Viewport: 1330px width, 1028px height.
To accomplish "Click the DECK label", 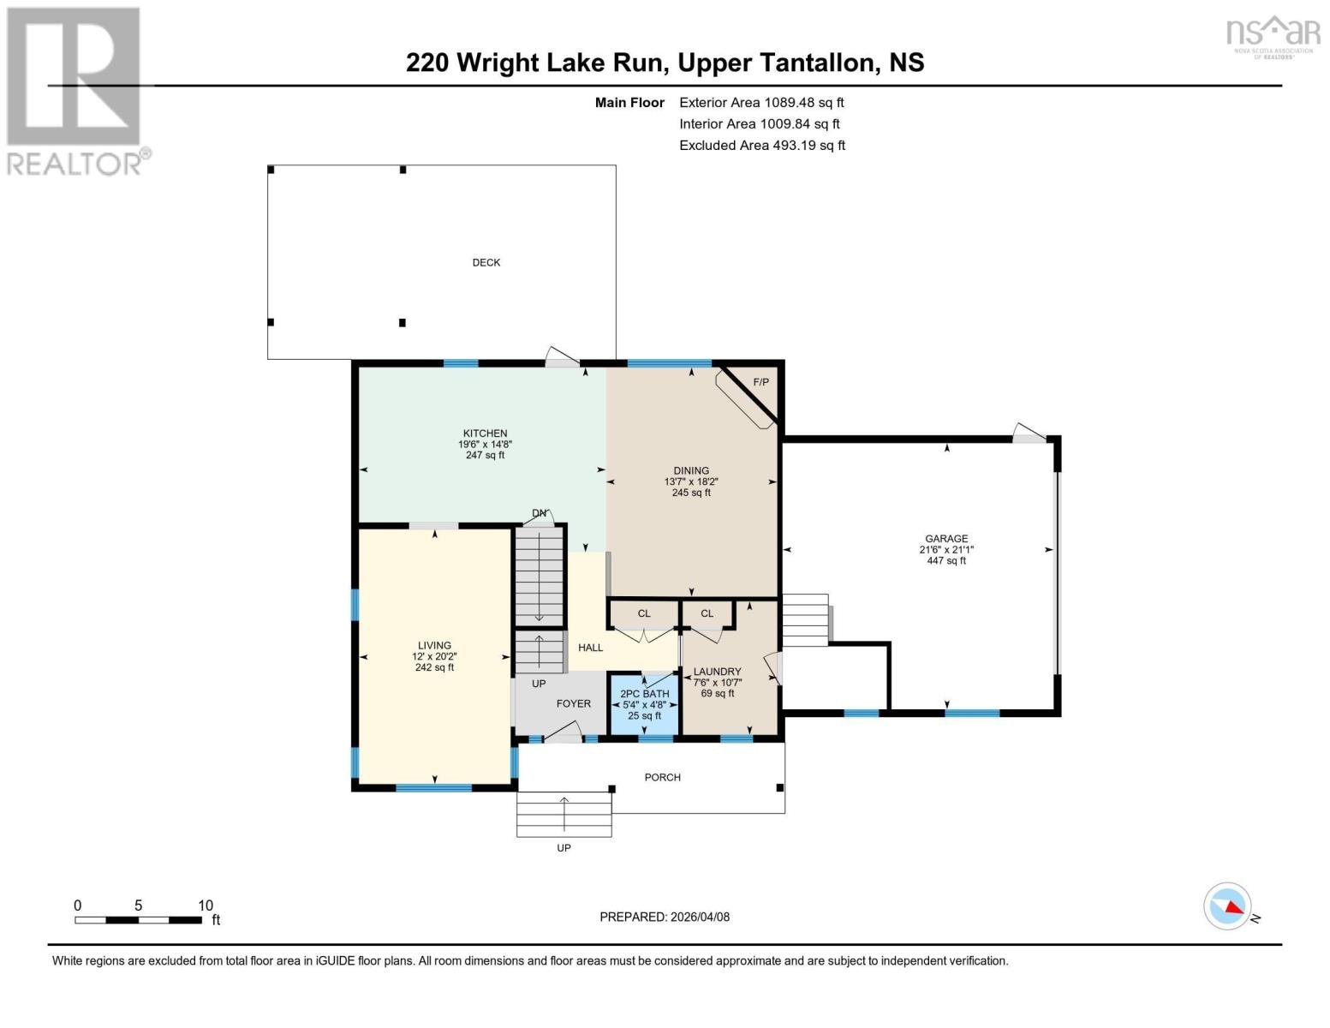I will [486, 262].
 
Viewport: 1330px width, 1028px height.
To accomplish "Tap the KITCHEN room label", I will [485, 433].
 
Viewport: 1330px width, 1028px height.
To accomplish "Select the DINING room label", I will [690, 470].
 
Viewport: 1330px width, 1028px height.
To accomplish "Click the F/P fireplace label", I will [760, 382].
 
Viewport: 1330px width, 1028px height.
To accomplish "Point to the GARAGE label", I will [945, 539].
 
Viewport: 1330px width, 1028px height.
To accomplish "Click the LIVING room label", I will [434, 645].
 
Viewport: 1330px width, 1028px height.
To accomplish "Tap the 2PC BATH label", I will [644, 694].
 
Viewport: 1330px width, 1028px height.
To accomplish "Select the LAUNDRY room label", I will [717, 672].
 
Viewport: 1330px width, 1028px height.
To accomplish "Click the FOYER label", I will [573, 703].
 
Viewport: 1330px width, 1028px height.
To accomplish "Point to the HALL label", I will [590, 648].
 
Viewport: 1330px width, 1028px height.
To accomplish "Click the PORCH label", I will [662, 777].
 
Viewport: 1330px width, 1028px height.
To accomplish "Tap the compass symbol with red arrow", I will [1227, 906].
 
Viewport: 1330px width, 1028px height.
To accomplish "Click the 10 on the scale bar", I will [206, 905].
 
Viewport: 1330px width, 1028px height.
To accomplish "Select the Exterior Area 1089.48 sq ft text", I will [761, 102].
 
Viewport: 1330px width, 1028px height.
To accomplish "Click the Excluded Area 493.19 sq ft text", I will [761, 145].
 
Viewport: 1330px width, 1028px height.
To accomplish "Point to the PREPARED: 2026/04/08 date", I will [664, 917].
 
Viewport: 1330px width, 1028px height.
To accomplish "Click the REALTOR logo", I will [75, 90].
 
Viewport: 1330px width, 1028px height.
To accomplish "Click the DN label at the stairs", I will [539, 513].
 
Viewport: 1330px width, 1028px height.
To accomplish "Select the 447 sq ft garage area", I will [945, 560].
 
